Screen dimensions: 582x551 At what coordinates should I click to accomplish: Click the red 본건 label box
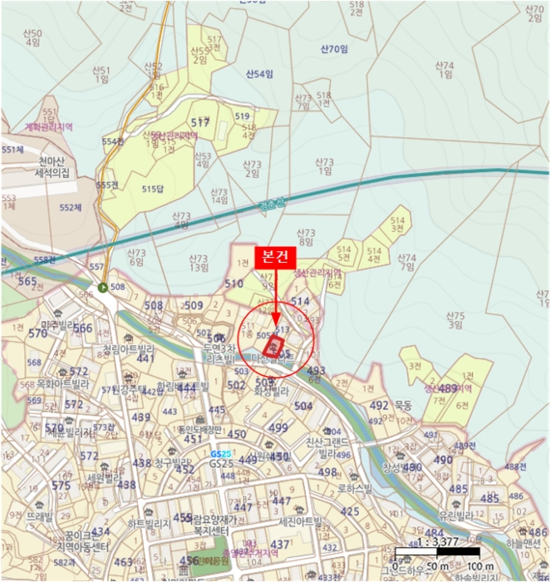point(275,257)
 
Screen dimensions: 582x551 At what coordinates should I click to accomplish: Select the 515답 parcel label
point(153,189)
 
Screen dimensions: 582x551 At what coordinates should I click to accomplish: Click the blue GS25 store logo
point(220,455)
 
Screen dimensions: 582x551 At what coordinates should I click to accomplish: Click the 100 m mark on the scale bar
point(477,567)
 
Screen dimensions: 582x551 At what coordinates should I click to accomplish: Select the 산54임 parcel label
point(258,74)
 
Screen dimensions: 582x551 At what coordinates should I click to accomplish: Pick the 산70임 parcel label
point(332,49)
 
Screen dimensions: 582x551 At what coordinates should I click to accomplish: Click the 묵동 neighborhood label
point(403,406)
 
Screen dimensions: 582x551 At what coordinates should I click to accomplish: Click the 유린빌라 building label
point(454,515)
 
